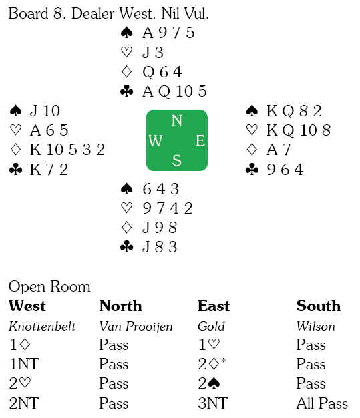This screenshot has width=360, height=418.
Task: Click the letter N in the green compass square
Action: pyautogui.click(x=176, y=120)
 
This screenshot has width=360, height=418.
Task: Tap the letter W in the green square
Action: pyautogui.click(x=156, y=140)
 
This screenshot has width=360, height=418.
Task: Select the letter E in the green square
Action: pyautogui.click(x=200, y=140)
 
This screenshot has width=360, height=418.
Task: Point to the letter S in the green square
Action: pyautogui.click(x=177, y=160)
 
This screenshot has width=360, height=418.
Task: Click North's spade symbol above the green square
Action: pyautogui.click(x=127, y=33)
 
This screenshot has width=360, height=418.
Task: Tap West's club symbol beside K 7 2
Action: pyautogui.click(x=16, y=170)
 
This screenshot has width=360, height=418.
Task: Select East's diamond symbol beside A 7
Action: pyautogui.click(x=252, y=150)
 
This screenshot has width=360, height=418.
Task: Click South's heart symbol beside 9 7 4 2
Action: pyautogui.click(x=127, y=208)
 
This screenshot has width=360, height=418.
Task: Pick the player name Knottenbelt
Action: pyautogui.click(x=42, y=326)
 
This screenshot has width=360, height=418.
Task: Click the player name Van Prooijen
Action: pyautogui.click(x=136, y=327)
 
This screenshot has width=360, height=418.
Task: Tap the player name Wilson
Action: pyautogui.click(x=316, y=326)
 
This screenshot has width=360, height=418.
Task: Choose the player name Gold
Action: pyautogui.click(x=211, y=326)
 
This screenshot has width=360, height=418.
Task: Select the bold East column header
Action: pyautogui.click(x=214, y=306)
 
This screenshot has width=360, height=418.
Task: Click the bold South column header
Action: pyautogui.click(x=319, y=306)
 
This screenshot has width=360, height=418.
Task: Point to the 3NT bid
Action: pyautogui.click(x=213, y=403)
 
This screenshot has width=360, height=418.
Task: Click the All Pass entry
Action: pyautogui.click(x=322, y=403)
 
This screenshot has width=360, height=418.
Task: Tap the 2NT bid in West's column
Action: pyautogui.click(x=24, y=403)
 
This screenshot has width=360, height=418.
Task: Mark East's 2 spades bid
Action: pyautogui.click(x=209, y=383)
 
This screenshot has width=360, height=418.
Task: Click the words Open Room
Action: pyautogui.click(x=49, y=287)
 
